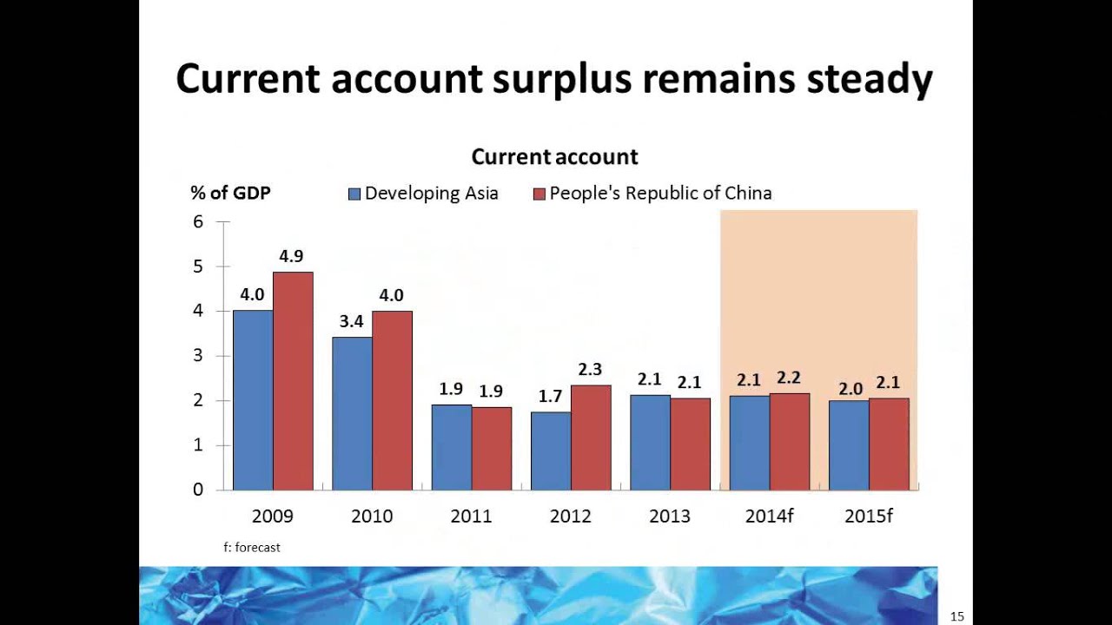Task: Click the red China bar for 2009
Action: tap(293, 382)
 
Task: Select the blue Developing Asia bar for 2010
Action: tap(352, 413)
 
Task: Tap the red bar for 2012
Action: tap(591, 437)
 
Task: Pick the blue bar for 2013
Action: tap(650, 443)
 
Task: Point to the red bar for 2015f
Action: tap(889, 444)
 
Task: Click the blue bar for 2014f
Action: tap(749, 443)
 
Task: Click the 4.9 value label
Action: tap(291, 256)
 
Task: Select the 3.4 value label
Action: tap(351, 321)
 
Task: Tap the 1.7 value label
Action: tap(550, 397)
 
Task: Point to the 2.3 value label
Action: tap(589, 370)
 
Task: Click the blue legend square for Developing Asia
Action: tap(354, 194)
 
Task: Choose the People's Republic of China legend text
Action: tap(660, 193)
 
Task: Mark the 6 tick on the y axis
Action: tap(198, 221)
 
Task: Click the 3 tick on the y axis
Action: tap(198, 355)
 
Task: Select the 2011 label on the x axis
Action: tap(471, 516)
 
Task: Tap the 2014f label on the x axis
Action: tap(770, 516)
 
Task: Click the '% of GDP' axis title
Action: tap(230, 193)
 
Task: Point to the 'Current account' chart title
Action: tap(554, 157)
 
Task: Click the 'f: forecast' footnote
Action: tap(252, 547)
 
